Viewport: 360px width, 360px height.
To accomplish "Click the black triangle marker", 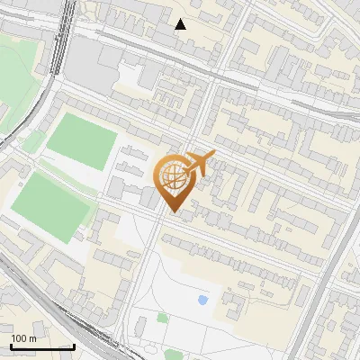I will [181, 24].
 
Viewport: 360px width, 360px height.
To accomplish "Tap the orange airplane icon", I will [199, 165].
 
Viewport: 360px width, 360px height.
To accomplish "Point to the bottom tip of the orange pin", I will [173, 212].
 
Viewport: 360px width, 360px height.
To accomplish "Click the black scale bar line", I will [42, 346].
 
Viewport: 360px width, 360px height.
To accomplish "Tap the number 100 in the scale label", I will [19, 338].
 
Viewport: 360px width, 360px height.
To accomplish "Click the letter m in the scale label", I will [32, 338].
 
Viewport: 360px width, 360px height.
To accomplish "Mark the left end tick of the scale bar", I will [11, 346].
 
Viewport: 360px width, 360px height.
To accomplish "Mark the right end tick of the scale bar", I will [74, 346].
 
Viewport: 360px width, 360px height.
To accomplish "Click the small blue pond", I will [202, 301].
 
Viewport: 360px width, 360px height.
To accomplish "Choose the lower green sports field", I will [51, 206].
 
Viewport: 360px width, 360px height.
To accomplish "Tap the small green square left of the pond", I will [162, 318].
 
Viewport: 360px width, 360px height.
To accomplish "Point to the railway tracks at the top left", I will [64, 36].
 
